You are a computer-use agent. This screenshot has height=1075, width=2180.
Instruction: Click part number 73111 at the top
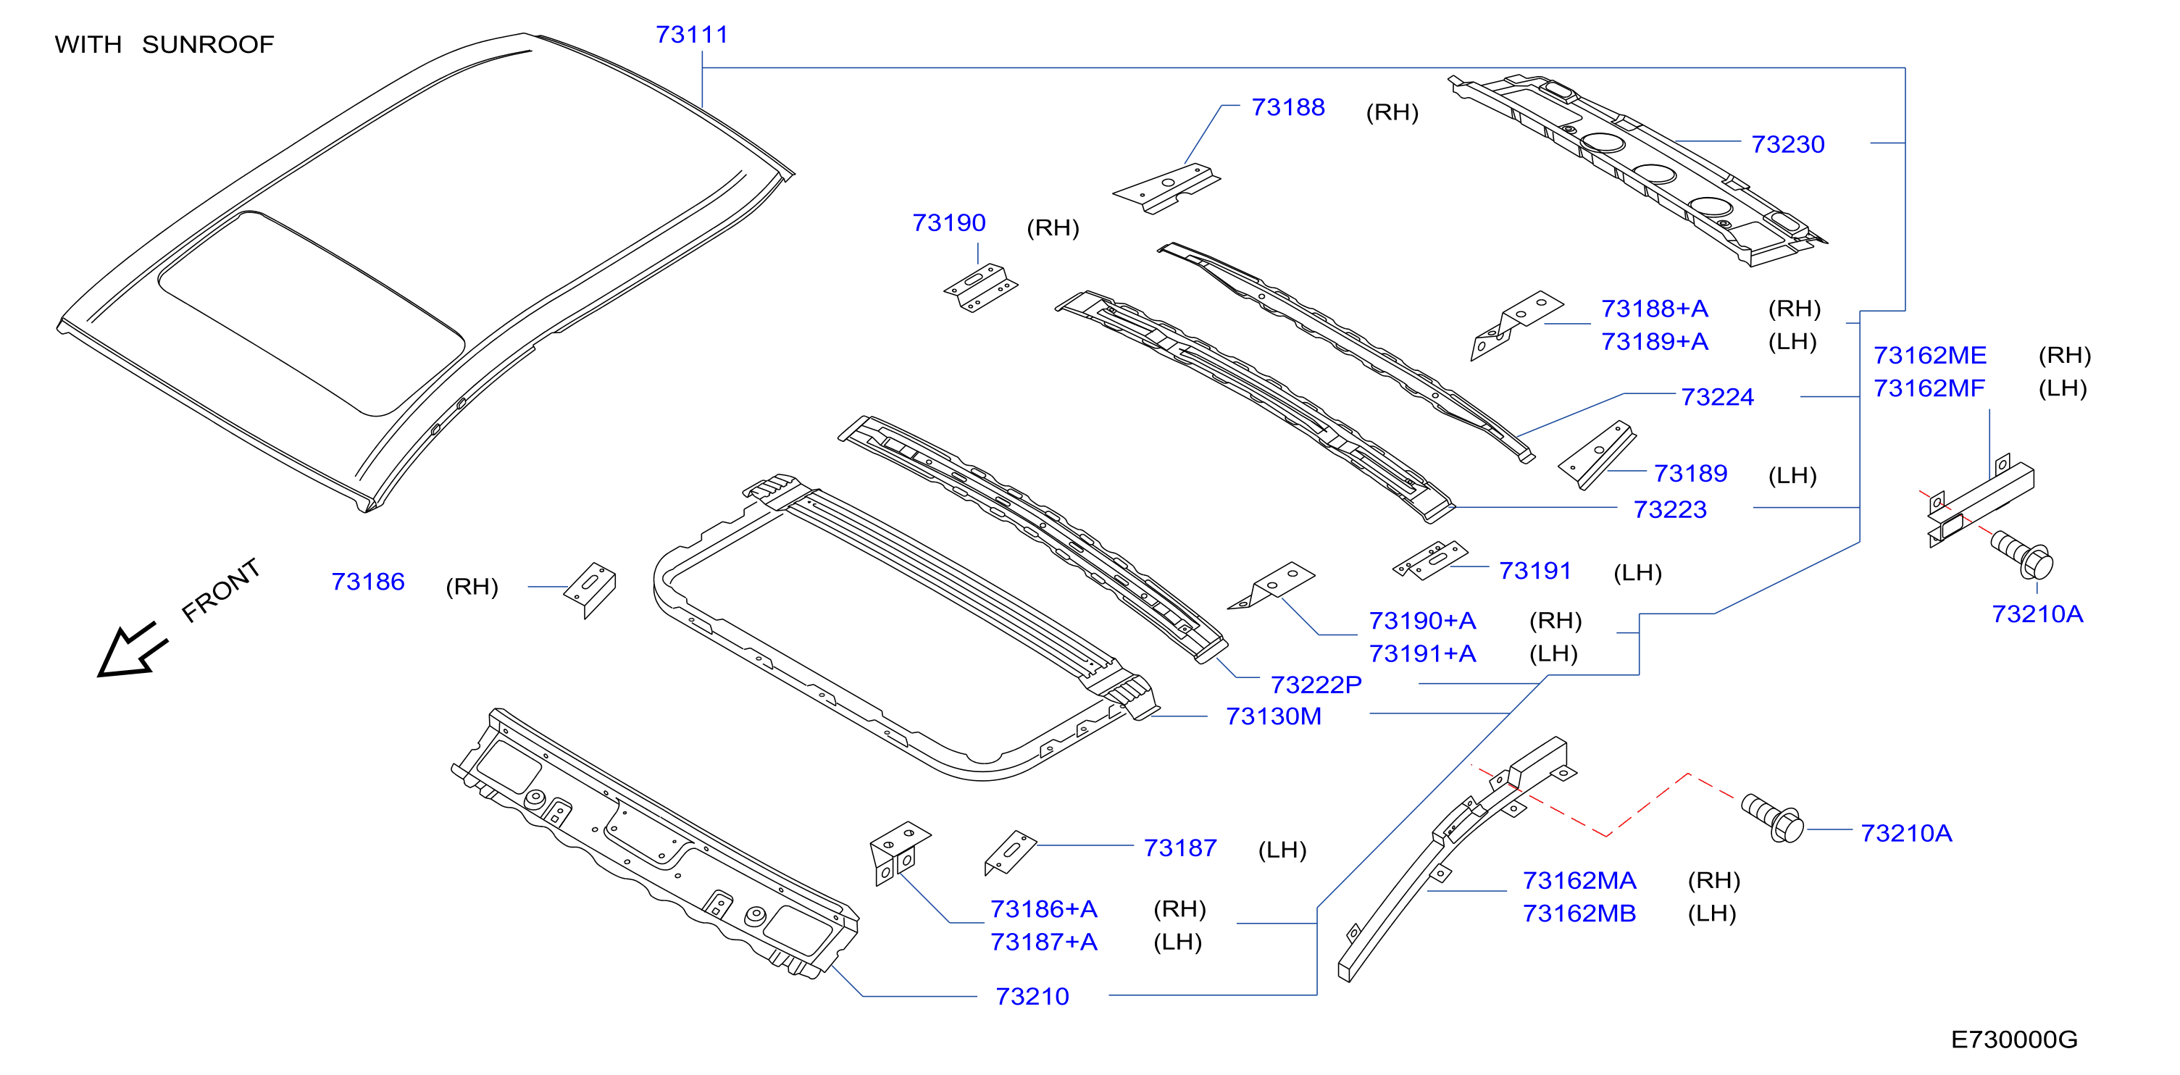click(x=691, y=35)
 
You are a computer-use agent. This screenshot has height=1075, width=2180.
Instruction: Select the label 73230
click(x=1787, y=145)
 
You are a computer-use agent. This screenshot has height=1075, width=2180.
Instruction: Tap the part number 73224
click(x=1717, y=397)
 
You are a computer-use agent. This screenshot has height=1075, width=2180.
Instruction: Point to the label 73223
click(x=1670, y=509)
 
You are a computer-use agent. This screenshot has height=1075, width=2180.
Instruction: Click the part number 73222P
click(x=1316, y=685)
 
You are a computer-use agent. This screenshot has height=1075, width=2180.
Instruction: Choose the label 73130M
click(x=1274, y=717)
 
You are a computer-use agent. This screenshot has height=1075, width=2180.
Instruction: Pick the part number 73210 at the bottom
click(x=1032, y=997)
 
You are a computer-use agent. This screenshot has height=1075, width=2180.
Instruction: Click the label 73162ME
click(x=1929, y=356)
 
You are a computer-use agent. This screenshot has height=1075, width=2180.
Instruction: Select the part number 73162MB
click(x=1579, y=914)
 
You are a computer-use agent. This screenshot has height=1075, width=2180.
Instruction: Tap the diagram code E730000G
click(x=2014, y=1040)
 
